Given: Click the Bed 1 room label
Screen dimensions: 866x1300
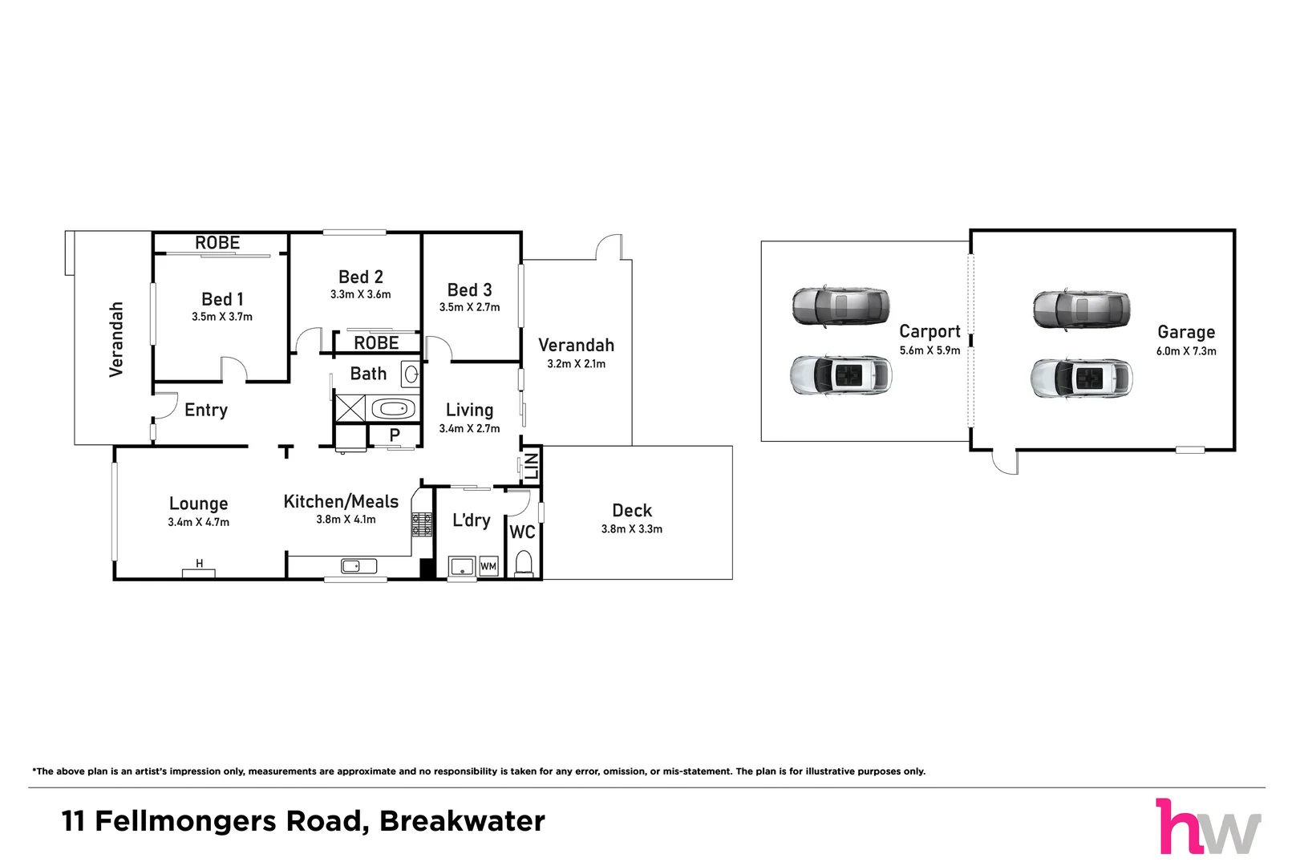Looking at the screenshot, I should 222,299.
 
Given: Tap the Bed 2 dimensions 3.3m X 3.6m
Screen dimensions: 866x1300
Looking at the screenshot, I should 360,294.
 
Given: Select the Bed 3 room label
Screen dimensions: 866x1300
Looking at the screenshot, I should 469,289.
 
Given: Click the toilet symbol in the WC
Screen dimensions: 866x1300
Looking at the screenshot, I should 524,564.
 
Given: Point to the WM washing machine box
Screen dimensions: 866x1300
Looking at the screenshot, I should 488,566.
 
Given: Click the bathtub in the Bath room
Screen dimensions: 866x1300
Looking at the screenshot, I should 393,409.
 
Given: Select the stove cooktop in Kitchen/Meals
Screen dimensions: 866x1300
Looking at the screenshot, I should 422,525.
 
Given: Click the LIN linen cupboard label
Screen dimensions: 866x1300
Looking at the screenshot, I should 532,466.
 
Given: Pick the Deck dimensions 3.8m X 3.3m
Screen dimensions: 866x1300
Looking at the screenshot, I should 632,529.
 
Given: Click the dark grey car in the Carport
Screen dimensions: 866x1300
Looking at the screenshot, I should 840,306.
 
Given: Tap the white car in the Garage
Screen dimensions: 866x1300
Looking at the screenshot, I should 1081,378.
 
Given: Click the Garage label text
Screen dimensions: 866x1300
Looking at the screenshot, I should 1185,332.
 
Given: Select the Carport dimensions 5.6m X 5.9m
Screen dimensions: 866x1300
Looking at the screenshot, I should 929,350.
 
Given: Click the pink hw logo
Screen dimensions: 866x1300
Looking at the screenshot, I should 1207,827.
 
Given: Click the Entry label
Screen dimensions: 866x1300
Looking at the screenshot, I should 206,410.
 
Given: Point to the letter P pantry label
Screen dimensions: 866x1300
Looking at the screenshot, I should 395,435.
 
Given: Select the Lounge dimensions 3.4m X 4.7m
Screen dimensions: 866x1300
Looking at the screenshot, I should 198,522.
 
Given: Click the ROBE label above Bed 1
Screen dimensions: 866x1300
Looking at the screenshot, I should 217,243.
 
